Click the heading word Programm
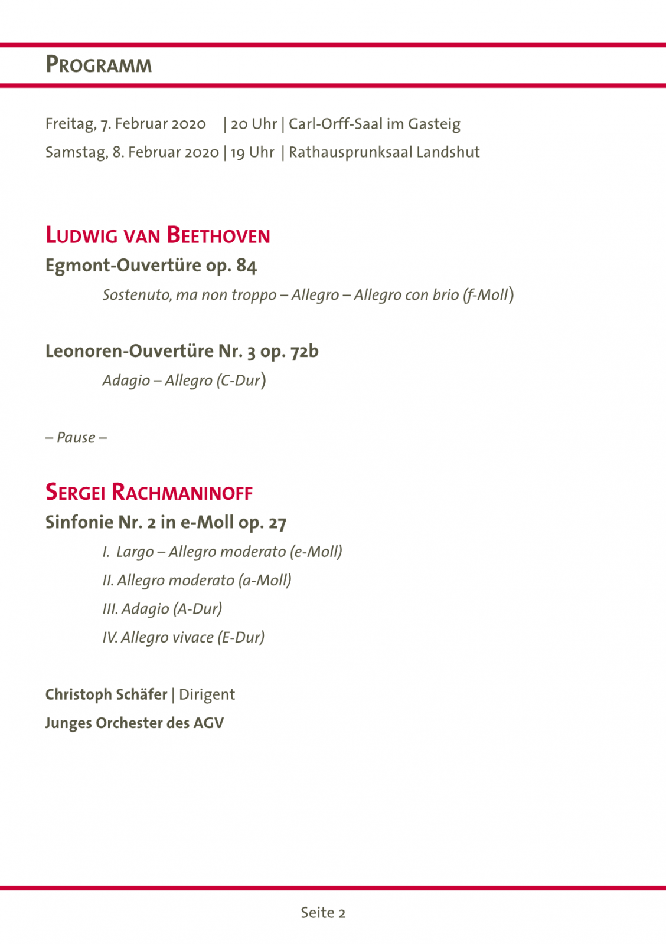99,65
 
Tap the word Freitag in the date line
70,124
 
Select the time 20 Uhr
254,124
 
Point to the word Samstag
76,152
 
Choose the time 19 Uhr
252,152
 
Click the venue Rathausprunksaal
350,152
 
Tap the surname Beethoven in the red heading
218,235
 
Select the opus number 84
247,265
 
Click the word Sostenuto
137,294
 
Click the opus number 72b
304,351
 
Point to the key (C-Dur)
240,380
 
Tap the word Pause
76,437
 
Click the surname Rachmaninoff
182,492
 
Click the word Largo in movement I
135,552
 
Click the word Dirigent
207,694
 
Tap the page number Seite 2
323,913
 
